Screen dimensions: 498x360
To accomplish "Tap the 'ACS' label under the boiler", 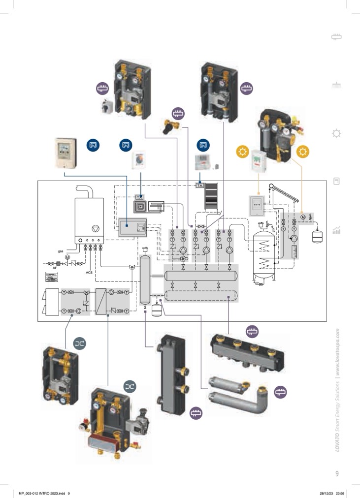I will pos(89,271).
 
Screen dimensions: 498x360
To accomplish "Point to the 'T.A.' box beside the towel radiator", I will pos(200,185).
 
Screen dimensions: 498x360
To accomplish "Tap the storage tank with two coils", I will pos(265,256).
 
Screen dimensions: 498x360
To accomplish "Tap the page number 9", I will pos(337,474).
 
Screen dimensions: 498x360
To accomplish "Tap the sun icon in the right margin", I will pos(337,133).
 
